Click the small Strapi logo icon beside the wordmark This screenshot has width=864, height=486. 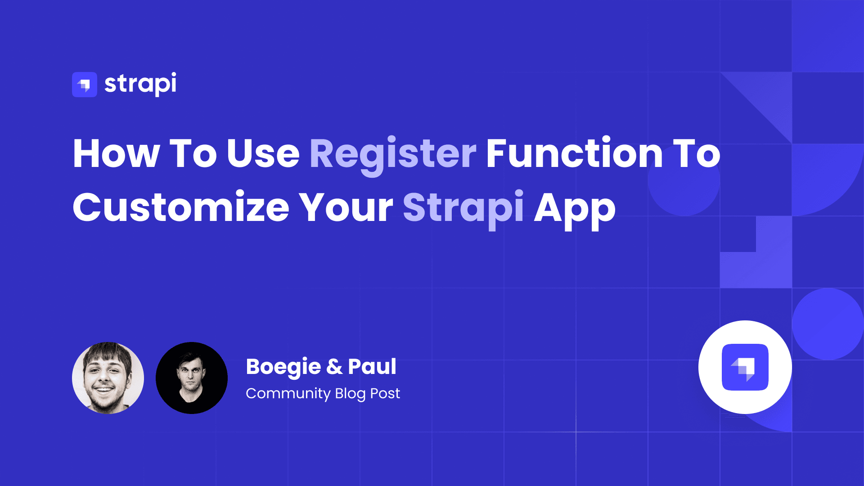click(x=85, y=85)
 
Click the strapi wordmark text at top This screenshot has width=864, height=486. click(x=140, y=84)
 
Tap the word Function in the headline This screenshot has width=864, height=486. click(x=574, y=153)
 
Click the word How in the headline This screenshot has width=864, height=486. click(x=116, y=153)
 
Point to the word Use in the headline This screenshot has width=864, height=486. click(x=263, y=153)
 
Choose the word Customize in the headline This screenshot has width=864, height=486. click(x=181, y=207)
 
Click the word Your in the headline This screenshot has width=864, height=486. click(x=346, y=207)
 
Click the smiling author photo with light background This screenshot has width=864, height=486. click(x=108, y=378)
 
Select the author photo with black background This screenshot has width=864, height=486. click(x=192, y=378)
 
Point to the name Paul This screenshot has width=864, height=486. click(x=372, y=366)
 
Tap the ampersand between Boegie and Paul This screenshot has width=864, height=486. click(x=334, y=367)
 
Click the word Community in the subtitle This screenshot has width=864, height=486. click(x=288, y=394)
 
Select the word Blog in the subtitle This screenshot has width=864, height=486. click(x=350, y=394)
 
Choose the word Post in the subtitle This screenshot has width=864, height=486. click(x=385, y=394)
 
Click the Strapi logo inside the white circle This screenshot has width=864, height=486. click(x=745, y=367)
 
